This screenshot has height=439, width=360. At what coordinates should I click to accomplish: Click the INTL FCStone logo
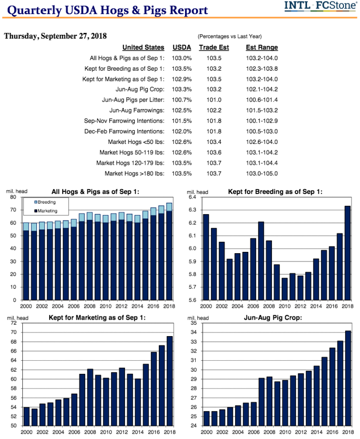point(321,6)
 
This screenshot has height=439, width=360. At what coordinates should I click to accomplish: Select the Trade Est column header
point(214,47)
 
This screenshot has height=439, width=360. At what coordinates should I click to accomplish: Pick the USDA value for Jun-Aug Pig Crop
point(182,89)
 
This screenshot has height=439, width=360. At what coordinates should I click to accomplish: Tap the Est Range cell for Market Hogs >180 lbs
point(262,173)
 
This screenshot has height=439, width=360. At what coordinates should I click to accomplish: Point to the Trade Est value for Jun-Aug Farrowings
point(214,110)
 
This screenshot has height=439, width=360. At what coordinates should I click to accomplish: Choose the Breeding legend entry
point(46,202)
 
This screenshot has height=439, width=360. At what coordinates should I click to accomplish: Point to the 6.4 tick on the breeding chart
point(193,197)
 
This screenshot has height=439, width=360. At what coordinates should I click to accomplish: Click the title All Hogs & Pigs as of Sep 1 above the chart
point(95,192)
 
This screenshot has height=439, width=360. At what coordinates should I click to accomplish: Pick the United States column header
point(143,47)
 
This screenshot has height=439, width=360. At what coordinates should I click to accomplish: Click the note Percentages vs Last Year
point(230,37)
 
